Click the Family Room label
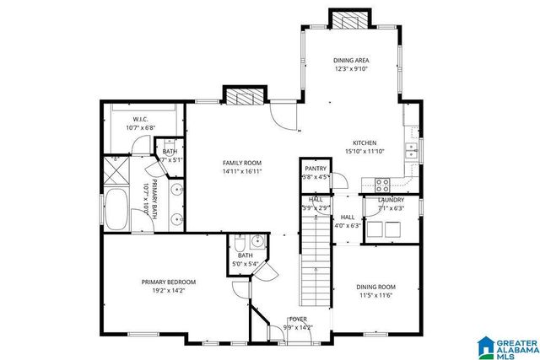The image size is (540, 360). pos(242,163)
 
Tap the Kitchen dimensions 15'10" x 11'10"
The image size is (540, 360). pos(364,153)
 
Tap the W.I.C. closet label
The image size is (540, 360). pos(141,120)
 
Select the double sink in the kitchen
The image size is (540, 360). pos(411,151)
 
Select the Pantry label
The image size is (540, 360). pos(316,169)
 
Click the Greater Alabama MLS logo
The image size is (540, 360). pos(507,347)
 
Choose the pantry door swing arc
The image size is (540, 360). pos(343,181)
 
